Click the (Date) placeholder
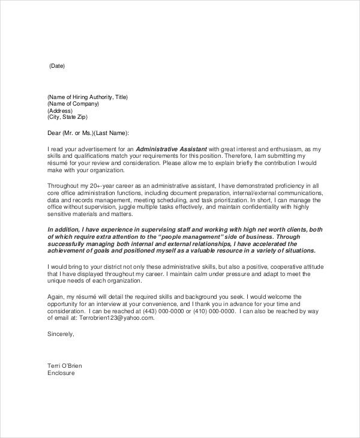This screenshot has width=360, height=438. pos(56,66)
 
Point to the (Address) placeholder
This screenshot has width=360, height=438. pos(60,111)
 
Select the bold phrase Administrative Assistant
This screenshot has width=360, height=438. pos(171,149)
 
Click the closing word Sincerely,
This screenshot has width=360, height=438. pos(61,334)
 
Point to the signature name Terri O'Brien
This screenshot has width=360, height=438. pos(65,365)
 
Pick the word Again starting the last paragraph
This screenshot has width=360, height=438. pos(55,297)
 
